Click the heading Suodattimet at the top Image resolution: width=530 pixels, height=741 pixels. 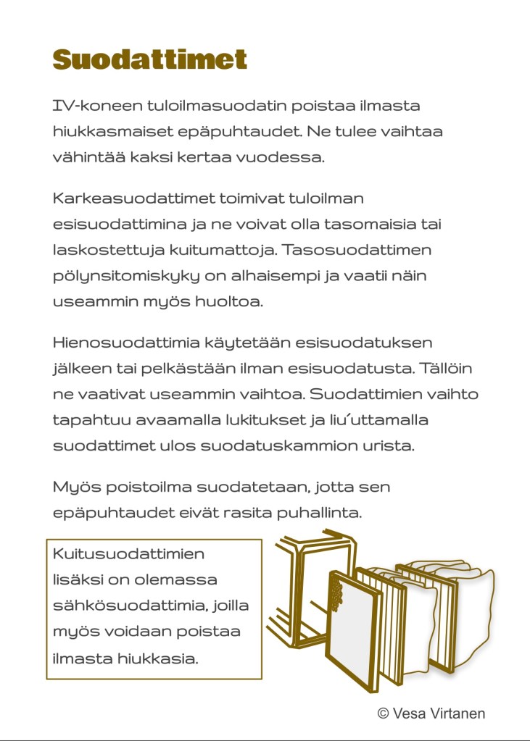(x=150, y=59)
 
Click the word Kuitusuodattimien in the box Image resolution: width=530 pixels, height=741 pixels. (x=128, y=555)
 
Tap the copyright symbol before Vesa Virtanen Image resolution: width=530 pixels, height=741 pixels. (x=384, y=713)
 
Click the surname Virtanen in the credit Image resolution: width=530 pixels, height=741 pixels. (x=457, y=713)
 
